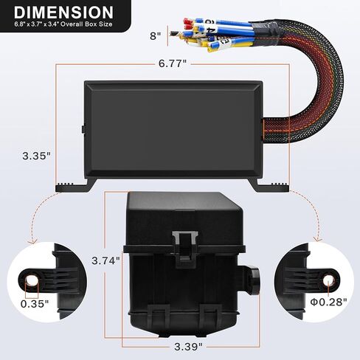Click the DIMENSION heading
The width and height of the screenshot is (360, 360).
tap(63, 13)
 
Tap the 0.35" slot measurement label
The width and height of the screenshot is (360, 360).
tap(35, 302)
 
